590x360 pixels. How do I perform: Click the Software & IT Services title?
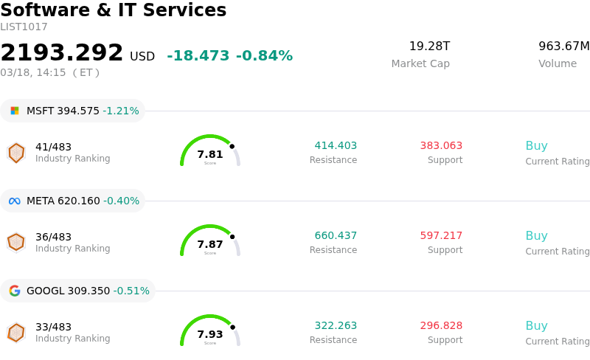click(x=114, y=11)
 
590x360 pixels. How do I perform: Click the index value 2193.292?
click(x=62, y=53)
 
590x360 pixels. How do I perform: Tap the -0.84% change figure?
click(x=264, y=56)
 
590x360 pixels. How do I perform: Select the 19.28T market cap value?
click(x=429, y=46)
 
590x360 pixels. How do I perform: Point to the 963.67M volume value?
click(x=563, y=46)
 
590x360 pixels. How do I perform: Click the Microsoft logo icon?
click(x=15, y=111)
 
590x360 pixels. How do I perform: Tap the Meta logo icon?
click(x=15, y=201)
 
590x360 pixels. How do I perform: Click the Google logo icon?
click(x=15, y=291)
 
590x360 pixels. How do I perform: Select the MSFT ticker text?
click(x=41, y=111)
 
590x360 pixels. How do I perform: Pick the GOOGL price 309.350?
click(x=88, y=291)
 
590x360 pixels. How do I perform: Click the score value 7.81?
click(x=210, y=154)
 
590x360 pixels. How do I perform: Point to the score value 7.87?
click(x=210, y=244)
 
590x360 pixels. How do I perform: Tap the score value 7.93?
click(x=210, y=334)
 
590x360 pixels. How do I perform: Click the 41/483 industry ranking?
click(x=53, y=147)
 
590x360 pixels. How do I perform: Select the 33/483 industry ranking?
click(x=53, y=327)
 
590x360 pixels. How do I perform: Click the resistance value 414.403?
click(x=336, y=146)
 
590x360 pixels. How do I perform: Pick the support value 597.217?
click(x=441, y=236)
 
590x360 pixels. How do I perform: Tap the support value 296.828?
click(x=441, y=326)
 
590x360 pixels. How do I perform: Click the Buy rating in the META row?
click(x=536, y=236)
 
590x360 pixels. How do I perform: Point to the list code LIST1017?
click(x=24, y=27)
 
